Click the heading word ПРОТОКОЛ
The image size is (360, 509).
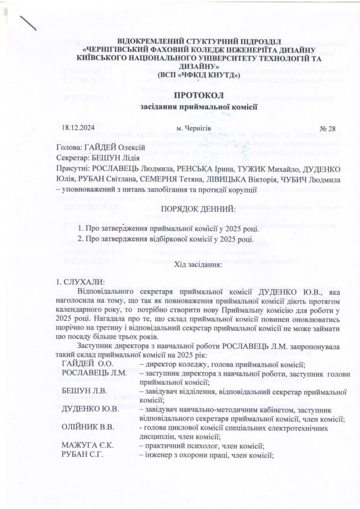180,95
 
